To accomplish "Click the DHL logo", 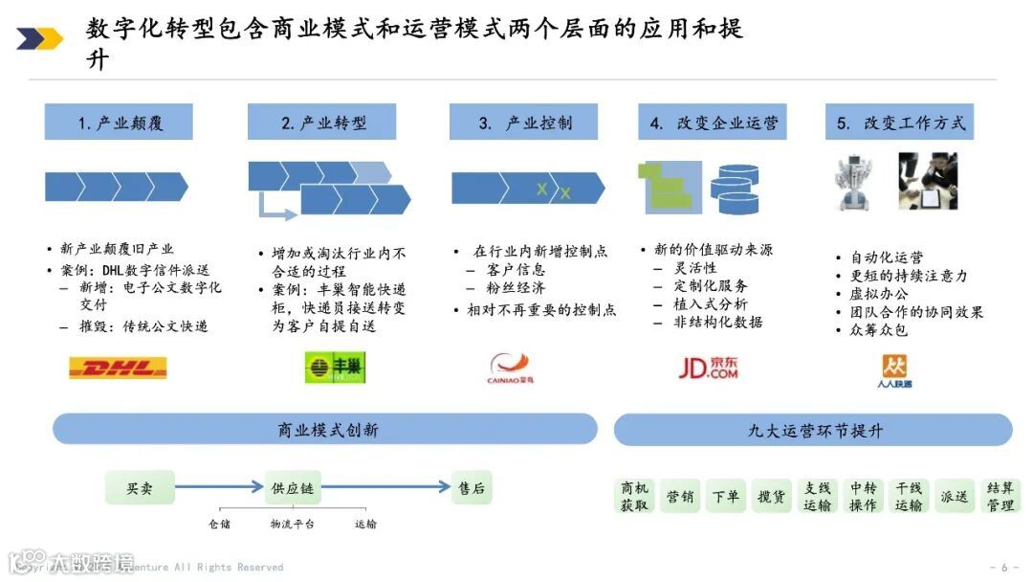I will click(x=118, y=368).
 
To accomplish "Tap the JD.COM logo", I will click(x=707, y=368).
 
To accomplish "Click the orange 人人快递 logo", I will click(x=896, y=370).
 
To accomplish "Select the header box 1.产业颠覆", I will click(x=119, y=123).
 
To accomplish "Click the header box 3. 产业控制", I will click(x=524, y=123).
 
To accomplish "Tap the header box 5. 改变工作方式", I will click(x=899, y=123).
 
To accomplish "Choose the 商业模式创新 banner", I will click(x=326, y=430).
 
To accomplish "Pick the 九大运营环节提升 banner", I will click(x=814, y=430).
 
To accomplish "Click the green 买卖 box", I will click(x=140, y=488).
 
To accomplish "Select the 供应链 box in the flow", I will click(x=292, y=488).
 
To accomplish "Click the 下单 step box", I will click(x=725, y=497).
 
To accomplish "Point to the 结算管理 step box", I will click(x=1000, y=497).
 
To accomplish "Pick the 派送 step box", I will click(x=954, y=497).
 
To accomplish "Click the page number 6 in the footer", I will click(x=1004, y=567).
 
